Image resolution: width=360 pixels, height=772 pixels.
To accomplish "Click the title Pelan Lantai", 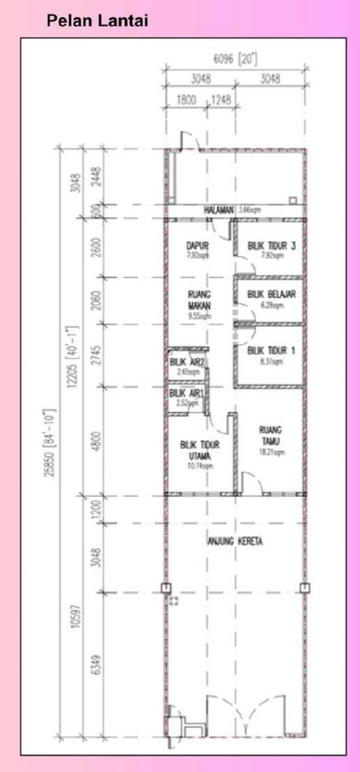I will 97,20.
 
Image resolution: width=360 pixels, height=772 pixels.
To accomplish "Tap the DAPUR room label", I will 198,246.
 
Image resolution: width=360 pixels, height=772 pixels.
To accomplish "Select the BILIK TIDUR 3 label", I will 271,246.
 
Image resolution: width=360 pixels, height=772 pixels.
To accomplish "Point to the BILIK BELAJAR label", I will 271,294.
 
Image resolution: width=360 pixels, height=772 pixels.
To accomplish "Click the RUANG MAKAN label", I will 199,300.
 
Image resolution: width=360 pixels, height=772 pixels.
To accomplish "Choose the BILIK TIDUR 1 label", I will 271,351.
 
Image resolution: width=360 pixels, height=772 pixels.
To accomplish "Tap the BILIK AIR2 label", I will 188,362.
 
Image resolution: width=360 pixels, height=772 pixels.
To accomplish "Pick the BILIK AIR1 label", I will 187,393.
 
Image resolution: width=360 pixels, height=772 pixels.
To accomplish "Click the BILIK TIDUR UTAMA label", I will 200,450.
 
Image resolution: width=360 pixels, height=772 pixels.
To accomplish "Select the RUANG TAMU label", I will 270,435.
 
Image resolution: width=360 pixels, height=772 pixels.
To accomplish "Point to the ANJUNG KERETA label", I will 234,541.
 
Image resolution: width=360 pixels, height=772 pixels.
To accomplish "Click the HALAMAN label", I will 219,210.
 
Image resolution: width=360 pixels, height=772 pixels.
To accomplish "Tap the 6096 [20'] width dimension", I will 235,59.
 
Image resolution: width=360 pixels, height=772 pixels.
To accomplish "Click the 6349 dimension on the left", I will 96,665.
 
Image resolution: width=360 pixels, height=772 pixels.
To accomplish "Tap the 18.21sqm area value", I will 272,452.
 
